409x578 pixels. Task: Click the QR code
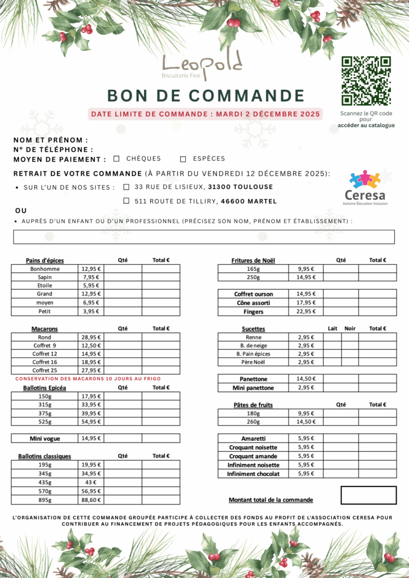point(366,81)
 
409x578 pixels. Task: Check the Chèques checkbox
point(116,159)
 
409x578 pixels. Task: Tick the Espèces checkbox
point(183,159)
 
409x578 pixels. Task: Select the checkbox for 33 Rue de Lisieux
point(127,187)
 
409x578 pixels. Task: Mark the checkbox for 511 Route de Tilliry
point(127,200)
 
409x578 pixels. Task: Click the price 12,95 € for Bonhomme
point(91,269)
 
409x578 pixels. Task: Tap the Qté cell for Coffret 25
point(123,370)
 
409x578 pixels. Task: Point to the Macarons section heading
point(45,329)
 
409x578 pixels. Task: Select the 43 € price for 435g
point(91,482)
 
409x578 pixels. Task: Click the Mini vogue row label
point(45,438)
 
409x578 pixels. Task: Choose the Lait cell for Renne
point(332,337)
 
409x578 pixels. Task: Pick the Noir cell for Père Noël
point(350,362)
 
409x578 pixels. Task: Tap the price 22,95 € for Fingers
point(306,312)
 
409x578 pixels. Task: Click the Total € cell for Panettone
point(377,379)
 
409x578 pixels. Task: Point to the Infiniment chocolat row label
point(253,474)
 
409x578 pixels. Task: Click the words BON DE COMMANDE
point(206,95)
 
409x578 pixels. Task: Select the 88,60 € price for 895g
point(91,500)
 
